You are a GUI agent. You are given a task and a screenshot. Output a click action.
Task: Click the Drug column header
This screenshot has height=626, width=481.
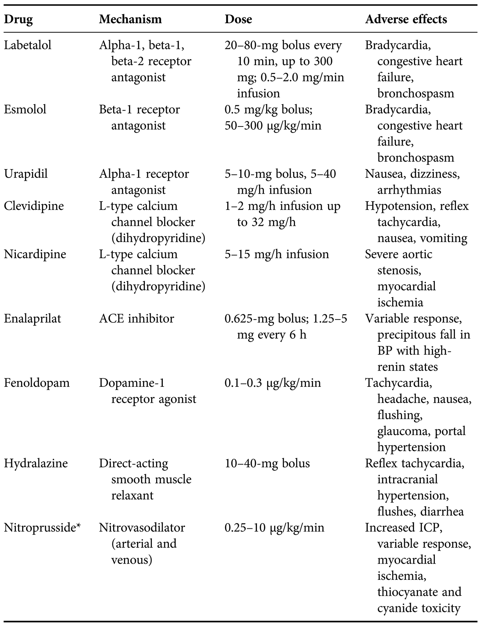[18, 19]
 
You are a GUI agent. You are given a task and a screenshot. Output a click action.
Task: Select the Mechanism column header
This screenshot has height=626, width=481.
[130, 19]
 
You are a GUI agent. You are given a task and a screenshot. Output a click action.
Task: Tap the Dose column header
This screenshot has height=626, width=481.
[238, 19]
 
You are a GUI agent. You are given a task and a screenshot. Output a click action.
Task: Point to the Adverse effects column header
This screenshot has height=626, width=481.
[406, 19]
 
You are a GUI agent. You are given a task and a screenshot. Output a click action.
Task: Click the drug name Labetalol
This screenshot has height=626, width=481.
[27, 45]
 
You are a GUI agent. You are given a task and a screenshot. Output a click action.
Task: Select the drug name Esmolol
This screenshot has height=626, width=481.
[25, 110]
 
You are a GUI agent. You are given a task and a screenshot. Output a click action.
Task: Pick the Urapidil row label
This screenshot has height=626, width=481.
[26, 174]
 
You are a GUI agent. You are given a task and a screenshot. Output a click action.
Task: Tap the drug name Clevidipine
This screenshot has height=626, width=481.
[34, 206]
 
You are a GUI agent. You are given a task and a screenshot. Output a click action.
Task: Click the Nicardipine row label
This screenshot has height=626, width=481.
[35, 254]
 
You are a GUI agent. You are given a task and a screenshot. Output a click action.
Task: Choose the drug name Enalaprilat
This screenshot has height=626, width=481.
[32, 319]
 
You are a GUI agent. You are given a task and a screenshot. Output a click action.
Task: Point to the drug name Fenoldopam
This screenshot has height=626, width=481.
[37, 383]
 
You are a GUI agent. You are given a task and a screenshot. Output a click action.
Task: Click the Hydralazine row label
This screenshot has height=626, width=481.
[36, 463]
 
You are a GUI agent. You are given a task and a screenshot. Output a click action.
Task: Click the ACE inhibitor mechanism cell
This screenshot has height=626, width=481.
[136, 319]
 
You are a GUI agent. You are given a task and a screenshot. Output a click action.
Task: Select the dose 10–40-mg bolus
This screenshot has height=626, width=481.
[267, 463]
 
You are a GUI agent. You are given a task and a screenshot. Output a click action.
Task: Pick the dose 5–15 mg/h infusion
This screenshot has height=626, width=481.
[277, 254]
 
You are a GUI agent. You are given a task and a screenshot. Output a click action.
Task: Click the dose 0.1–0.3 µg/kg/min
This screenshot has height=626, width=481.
[273, 383]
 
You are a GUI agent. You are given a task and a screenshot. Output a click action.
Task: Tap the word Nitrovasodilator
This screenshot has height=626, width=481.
[142, 528]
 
